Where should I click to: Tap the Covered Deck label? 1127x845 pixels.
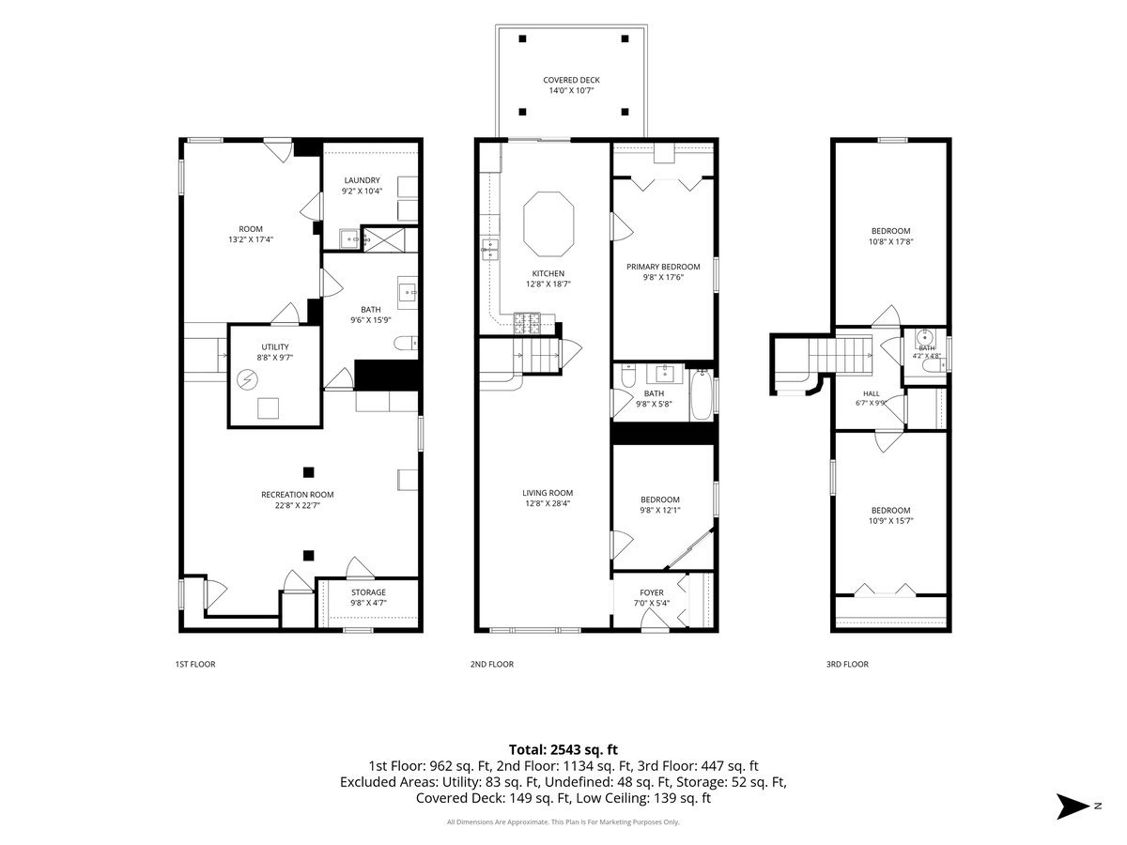[571, 80]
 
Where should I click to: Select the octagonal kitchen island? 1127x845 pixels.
[548, 223]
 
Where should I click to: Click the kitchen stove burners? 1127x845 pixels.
[527, 323]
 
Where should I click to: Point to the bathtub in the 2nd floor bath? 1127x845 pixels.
[701, 395]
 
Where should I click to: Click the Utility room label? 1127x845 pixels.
[274, 346]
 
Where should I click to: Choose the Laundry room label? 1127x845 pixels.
[362, 180]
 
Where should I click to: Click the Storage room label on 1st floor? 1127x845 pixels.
[368, 592]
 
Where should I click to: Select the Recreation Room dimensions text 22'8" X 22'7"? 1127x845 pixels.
[298, 505]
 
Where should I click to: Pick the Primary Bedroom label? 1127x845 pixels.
[663, 267]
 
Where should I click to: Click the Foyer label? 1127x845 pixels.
[652, 592]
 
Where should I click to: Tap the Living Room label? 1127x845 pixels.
[548, 493]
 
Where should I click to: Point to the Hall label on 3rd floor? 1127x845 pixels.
[871, 393]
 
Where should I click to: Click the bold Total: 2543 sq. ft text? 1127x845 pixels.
[563, 749]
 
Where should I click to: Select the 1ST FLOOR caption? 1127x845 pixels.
[195, 664]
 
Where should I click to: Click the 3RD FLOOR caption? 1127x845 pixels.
[847, 664]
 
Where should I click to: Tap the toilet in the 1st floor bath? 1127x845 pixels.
[406, 343]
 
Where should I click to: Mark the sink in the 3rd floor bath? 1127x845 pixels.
[925, 337]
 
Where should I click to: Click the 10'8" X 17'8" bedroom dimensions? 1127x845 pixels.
[890, 241]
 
